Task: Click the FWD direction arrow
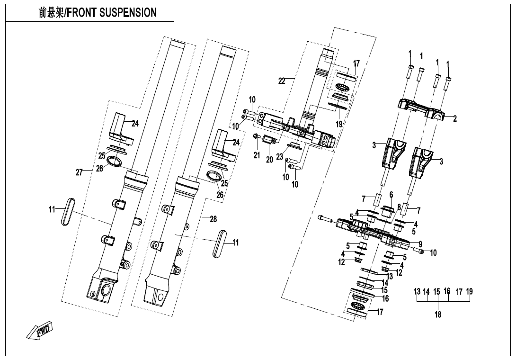coord(39,330)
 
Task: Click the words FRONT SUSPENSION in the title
coord(112,13)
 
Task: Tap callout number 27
coord(79,172)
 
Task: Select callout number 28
coord(213,219)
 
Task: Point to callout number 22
coord(282,81)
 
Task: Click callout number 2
coord(455,119)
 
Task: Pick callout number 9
coord(420,244)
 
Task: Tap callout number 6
coord(391,195)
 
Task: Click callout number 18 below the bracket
coord(438,315)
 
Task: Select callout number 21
coord(257,155)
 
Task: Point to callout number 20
coord(269,160)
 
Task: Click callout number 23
coord(279,157)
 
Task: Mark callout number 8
coord(399,207)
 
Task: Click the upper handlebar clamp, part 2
coord(421,108)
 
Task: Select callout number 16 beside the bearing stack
coord(385,298)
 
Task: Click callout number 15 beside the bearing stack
coord(384,290)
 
